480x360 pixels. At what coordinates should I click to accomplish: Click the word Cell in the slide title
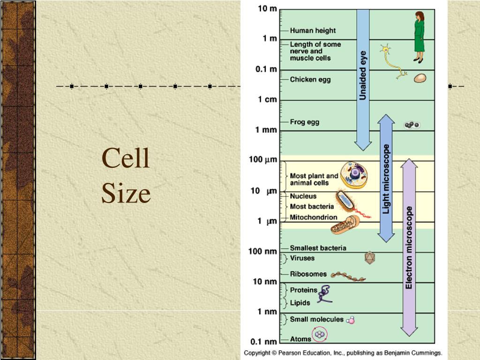[x=126, y=158]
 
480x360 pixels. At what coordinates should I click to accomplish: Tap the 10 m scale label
[x=267, y=9]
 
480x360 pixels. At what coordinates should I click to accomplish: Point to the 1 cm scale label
[x=267, y=99]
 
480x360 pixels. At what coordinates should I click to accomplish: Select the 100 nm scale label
[x=262, y=251]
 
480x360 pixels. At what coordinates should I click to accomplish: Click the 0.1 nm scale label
[x=262, y=341]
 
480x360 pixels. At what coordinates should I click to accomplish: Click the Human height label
[x=313, y=30]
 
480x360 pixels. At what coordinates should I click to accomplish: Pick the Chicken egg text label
[x=310, y=79]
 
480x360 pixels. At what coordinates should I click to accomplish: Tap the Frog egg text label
[x=304, y=122]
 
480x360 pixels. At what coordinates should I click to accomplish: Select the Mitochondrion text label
[x=313, y=217]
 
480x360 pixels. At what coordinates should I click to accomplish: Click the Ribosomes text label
[x=308, y=274]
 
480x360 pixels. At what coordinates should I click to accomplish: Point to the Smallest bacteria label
[x=318, y=248]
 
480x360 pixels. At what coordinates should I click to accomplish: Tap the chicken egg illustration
[x=420, y=78]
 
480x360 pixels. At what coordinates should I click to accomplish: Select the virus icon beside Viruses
[x=370, y=257]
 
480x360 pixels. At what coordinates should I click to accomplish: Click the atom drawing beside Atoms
[x=320, y=335]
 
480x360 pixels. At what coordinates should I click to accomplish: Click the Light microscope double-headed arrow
[x=386, y=178]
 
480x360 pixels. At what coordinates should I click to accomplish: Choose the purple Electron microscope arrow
[x=409, y=247]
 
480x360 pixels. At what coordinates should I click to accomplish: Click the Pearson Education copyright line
[x=342, y=352]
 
